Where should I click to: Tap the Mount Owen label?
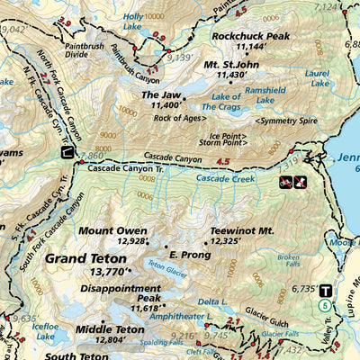(112, 230)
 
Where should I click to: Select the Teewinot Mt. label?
(241, 230)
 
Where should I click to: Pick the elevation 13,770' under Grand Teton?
(104, 271)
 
